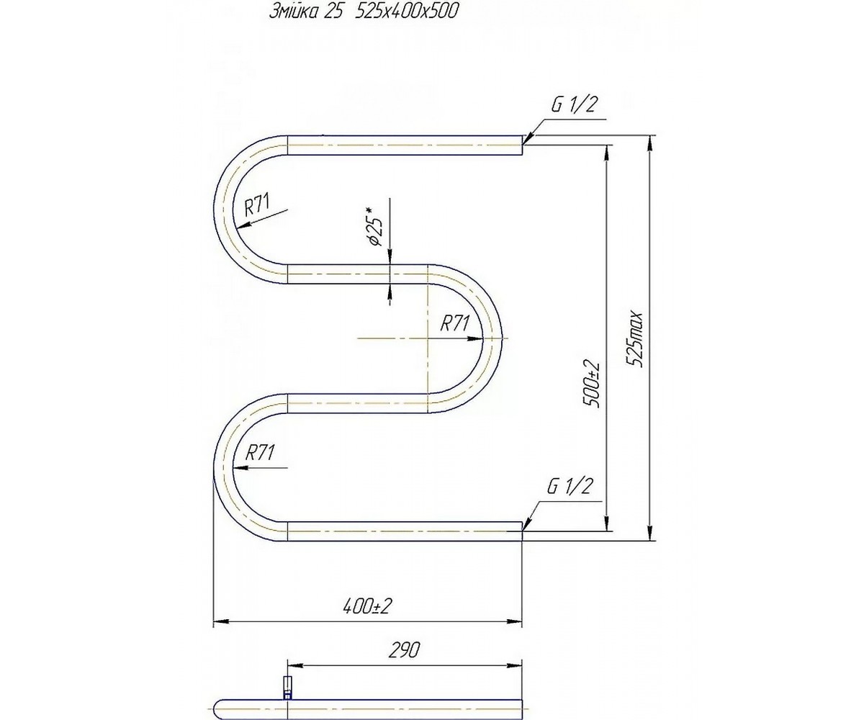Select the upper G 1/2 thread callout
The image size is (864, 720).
tap(574, 106)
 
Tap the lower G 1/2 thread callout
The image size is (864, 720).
tap(570, 487)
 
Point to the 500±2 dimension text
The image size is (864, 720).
tap(590, 384)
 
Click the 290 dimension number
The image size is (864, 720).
tap(404, 650)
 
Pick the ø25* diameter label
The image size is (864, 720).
tap(374, 227)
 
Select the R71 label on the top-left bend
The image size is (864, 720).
tap(257, 205)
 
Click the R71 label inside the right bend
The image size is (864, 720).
tap(455, 323)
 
